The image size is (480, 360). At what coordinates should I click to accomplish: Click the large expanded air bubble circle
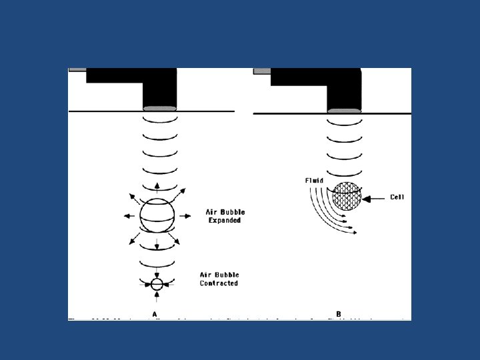[157, 215]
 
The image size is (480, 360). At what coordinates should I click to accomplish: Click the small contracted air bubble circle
[157, 284]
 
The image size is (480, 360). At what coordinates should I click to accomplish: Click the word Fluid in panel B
[315, 181]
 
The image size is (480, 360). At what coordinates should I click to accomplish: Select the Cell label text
[398, 197]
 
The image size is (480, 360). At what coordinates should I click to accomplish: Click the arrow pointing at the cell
[376, 197]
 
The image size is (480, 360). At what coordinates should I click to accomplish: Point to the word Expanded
[224, 221]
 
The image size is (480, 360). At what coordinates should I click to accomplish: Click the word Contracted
[219, 283]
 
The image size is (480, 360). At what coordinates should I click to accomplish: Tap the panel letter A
[155, 314]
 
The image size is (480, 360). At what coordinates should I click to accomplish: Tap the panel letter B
[339, 314]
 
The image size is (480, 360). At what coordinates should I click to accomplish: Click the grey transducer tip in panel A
[160, 109]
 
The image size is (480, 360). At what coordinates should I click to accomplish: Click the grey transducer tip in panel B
[344, 110]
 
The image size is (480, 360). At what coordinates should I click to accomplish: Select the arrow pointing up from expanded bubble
[157, 187]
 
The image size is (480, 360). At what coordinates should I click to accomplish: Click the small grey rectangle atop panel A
[77, 69]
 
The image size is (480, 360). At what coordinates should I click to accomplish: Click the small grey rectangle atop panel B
[262, 71]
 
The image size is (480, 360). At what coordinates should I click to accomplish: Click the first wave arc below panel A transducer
[160, 121]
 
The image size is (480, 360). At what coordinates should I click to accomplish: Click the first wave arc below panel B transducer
[344, 123]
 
